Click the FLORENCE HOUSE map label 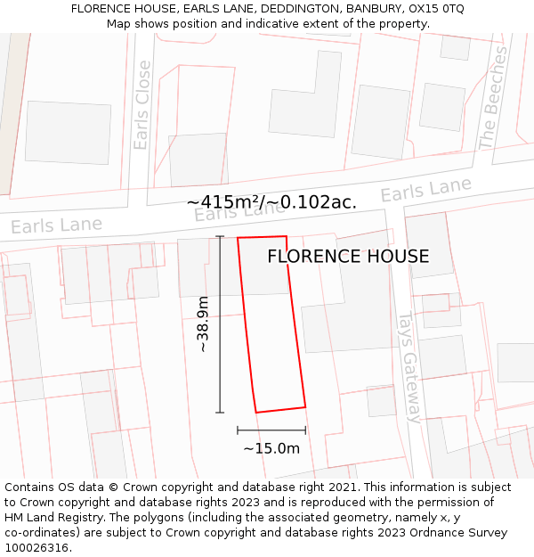tap(348, 257)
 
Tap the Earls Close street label tap(142, 104)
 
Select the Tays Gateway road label tap(408, 366)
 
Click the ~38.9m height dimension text tap(203, 324)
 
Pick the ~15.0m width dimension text tap(271, 448)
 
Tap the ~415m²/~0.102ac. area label tap(271, 202)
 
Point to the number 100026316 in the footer tap(36, 548)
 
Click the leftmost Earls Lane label tap(56, 225)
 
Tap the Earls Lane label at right tap(425, 190)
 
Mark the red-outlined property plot tap(271, 325)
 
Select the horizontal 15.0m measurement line tap(271, 430)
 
